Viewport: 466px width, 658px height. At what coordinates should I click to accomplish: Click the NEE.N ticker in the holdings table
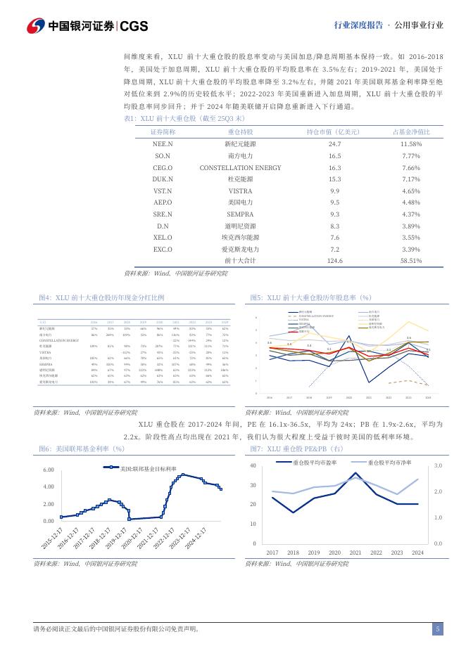tap(163, 143)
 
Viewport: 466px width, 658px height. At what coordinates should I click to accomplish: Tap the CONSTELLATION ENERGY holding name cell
tap(240, 168)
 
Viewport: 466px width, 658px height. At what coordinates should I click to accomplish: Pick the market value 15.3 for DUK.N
tap(334, 180)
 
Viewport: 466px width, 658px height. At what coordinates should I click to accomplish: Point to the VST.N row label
tap(163, 192)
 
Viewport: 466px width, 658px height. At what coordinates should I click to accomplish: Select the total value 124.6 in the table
tap(334, 260)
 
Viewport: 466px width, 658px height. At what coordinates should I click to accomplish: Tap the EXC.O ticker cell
tap(163, 249)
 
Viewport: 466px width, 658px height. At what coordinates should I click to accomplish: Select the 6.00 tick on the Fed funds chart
tap(49, 470)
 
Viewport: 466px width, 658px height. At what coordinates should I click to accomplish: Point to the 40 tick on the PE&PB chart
tap(253, 466)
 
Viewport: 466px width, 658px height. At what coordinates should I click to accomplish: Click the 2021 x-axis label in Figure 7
tap(355, 553)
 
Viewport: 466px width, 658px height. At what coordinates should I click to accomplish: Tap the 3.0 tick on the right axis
tap(437, 466)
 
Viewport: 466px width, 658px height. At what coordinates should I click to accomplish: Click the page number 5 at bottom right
tap(437, 629)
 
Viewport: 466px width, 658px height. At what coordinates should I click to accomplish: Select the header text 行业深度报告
tap(358, 25)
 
